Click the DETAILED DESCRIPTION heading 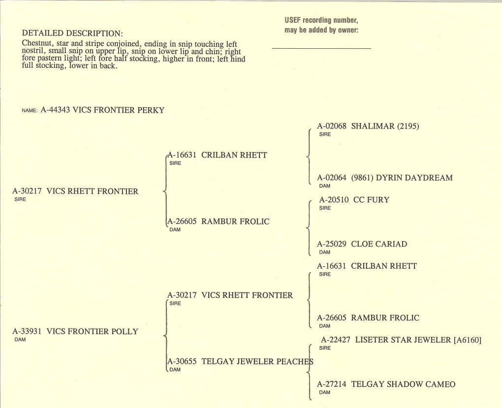(x=72, y=33)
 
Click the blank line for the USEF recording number (x=321, y=48)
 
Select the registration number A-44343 (x=55, y=110)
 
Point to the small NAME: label (x=30, y=110)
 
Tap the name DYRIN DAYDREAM (x=414, y=178)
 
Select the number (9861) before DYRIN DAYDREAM (x=362, y=178)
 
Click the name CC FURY (x=372, y=200)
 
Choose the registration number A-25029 (x=332, y=244)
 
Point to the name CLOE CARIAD (x=379, y=244)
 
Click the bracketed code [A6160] (x=468, y=340)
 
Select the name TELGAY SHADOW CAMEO (x=403, y=384)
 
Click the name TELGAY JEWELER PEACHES (x=257, y=362)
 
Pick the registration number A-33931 (x=27, y=331)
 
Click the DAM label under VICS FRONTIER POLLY (x=20, y=340)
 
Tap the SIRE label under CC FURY (x=325, y=208)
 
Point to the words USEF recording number (x=321, y=20)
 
